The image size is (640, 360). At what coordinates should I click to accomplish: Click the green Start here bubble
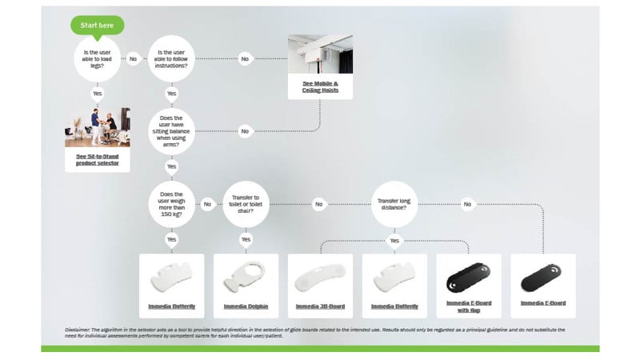[x=97, y=26]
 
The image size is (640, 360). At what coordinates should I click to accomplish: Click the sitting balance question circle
[x=171, y=130]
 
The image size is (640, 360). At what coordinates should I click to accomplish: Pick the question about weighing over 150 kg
[x=171, y=204]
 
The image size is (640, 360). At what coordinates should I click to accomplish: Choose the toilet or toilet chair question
[x=246, y=204]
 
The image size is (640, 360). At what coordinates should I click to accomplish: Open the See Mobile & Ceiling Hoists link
[x=320, y=86]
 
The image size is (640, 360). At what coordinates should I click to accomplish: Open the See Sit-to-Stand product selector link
[x=97, y=160]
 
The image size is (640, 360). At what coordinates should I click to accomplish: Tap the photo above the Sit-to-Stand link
[x=97, y=127]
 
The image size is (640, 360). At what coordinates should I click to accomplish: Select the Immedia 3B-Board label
[x=320, y=306]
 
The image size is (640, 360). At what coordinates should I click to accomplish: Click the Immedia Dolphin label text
[x=246, y=306]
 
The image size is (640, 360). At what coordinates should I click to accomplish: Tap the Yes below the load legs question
[x=97, y=94]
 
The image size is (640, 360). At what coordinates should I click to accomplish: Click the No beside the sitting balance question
[x=245, y=130]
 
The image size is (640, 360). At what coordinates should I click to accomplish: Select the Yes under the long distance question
[x=394, y=239]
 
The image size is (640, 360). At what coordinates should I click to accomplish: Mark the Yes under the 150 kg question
[x=171, y=239]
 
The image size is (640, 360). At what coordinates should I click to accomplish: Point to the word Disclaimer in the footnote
[x=79, y=330]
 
